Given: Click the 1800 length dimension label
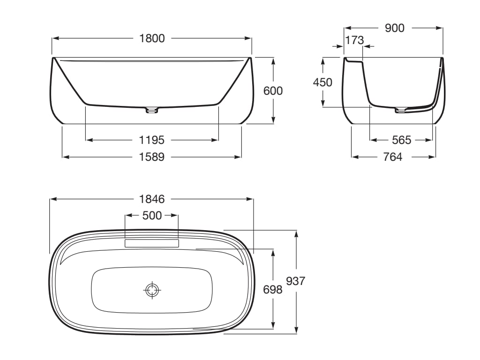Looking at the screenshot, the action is click(152, 38).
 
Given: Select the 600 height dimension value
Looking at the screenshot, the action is click(273, 91).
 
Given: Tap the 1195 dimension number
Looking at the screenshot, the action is click(152, 140).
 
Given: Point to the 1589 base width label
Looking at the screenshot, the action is click(152, 157).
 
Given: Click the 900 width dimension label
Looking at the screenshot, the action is click(395, 28).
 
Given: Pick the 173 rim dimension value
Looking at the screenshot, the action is click(354, 40).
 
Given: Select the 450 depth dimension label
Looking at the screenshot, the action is click(322, 82).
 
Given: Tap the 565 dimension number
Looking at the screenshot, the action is click(402, 140).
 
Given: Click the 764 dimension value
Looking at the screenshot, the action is click(393, 157).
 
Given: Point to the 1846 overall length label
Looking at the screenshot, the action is click(152, 199).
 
